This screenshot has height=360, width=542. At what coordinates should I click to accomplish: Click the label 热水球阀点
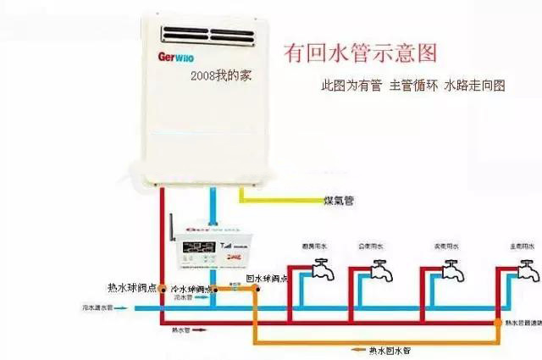[x=132, y=288]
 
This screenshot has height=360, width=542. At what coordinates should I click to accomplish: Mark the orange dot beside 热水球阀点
[x=161, y=290]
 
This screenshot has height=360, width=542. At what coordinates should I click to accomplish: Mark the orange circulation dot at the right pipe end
[x=498, y=323]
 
